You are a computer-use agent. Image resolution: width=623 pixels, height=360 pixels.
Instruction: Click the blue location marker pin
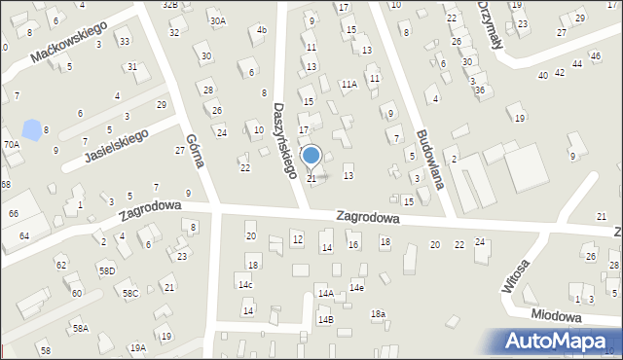311,156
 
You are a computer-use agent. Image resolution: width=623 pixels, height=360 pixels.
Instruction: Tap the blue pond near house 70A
32,129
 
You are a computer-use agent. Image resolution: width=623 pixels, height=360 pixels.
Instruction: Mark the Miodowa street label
556,317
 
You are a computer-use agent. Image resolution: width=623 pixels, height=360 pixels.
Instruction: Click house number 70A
11,144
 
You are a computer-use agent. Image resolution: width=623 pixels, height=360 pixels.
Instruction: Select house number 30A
217,20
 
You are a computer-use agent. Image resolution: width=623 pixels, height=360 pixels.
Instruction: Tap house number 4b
261,30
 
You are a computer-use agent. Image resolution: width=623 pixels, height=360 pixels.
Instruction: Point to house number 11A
348,85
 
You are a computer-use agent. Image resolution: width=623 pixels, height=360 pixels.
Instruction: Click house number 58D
106,270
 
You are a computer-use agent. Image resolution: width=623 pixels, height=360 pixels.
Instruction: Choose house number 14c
245,285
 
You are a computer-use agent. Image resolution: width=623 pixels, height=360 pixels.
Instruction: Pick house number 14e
357,287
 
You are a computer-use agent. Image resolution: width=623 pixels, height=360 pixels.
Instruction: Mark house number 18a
378,313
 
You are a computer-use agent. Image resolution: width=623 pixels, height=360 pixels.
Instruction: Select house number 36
479,90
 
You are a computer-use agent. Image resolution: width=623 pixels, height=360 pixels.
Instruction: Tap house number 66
14,213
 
